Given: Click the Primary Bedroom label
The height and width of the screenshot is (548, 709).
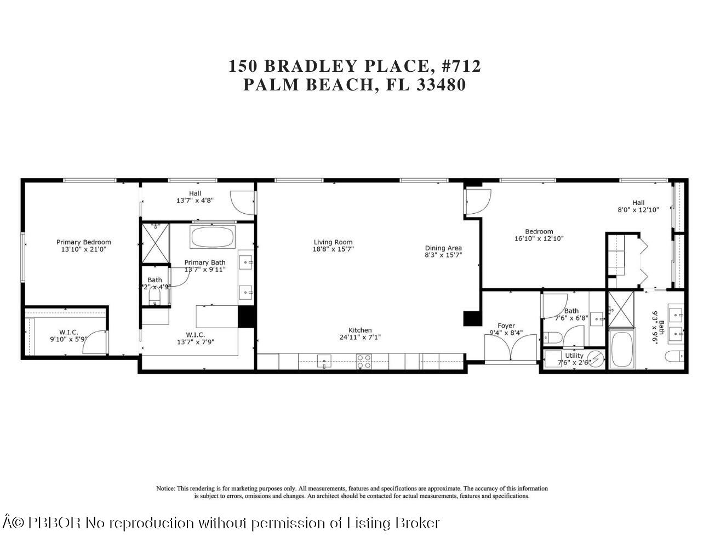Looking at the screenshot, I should tap(84, 242).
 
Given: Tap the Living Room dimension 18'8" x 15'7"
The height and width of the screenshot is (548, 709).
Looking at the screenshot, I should tap(333, 249).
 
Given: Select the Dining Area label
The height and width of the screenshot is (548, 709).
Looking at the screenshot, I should tap(443, 248).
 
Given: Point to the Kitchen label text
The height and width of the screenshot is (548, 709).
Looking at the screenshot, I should tap(360, 330).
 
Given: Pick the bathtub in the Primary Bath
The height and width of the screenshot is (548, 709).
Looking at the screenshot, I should tap(212, 237).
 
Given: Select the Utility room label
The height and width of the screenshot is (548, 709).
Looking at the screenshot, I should tap(574, 356).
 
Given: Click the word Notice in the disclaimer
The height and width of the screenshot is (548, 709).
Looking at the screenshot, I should tap(165, 488).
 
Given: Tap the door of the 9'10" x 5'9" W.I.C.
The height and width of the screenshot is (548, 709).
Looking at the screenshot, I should tap(99, 342).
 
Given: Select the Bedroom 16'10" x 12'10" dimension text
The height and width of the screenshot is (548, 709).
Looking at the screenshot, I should tap(539, 238).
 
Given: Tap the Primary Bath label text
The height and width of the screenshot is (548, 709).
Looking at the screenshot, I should tap(204, 262).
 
